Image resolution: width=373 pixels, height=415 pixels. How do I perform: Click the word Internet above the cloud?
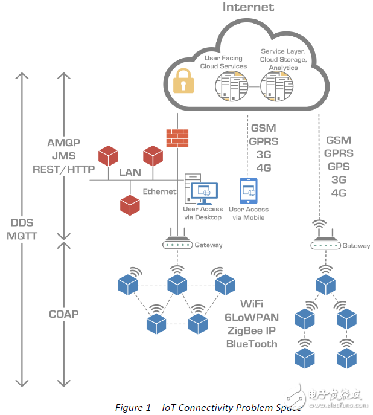click(x=248, y=8)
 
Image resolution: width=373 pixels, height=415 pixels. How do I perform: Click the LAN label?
click(x=130, y=172)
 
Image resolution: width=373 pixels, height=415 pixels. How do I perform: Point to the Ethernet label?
click(x=159, y=191)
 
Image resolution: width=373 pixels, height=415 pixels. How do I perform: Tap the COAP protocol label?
click(x=63, y=314)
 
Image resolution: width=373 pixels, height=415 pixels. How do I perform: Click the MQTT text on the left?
click(x=22, y=236)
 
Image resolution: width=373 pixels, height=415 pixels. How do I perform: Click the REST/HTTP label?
click(x=63, y=170)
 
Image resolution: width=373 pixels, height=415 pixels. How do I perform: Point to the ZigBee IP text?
click(x=252, y=330)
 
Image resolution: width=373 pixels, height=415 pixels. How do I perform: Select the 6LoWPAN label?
click(x=252, y=317)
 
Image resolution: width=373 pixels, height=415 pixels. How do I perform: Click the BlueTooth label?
click(x=252, y=344)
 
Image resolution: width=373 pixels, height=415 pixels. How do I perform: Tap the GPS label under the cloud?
click(x=338, y=166)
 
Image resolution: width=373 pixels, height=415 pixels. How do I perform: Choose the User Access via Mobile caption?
click(x=249, y=213)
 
